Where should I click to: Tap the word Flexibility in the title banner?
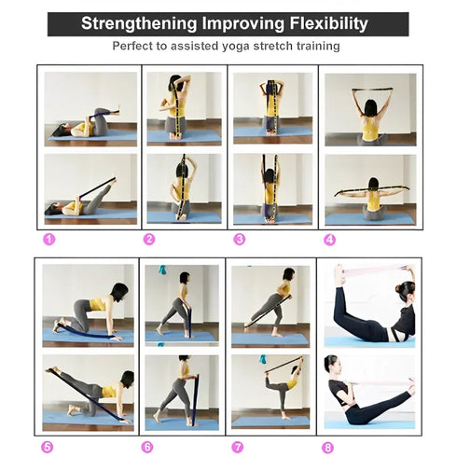pos(322,23)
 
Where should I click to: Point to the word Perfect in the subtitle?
pos(134,45)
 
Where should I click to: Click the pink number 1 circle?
pos(49,239)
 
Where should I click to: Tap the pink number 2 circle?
pos(148,239)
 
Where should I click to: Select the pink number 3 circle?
pos(239,239)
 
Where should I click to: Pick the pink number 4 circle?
pos(329,239)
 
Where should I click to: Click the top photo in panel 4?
pos(370,108)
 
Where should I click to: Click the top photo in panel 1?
pos(90,108)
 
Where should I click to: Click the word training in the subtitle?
pos(314,45)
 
